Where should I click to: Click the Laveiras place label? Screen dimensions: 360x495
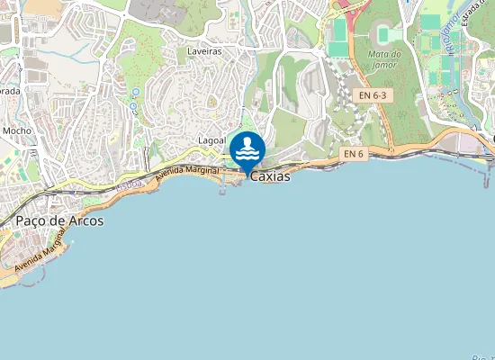pos(204,52)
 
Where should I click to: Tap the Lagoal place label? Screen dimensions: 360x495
pos(212,141)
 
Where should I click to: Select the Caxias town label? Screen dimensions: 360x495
pos(270,176)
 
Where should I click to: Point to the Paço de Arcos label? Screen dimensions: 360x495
pos(58,220)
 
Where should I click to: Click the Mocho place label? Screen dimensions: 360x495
pos(17,131)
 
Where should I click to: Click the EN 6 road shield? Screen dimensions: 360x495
pos(354,155)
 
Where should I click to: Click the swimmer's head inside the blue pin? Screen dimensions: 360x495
pos(247,141)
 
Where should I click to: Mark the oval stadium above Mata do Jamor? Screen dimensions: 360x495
pos(388,33)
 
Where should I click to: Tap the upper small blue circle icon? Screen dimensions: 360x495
pos(136,92)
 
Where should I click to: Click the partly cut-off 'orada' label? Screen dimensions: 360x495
pos(10,91)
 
